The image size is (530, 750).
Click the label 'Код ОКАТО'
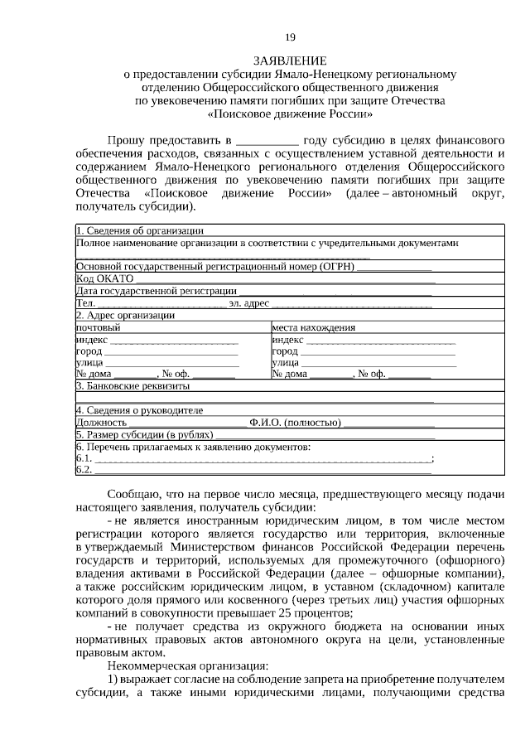point(99,279)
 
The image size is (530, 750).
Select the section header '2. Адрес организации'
point(125,315)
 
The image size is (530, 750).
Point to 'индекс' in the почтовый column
point(91,339)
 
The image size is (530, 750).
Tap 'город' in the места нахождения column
point(285,351)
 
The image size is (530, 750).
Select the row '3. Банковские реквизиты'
point(132,386)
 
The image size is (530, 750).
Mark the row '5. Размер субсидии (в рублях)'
point(144,434)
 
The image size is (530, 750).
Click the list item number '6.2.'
point(84,470)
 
